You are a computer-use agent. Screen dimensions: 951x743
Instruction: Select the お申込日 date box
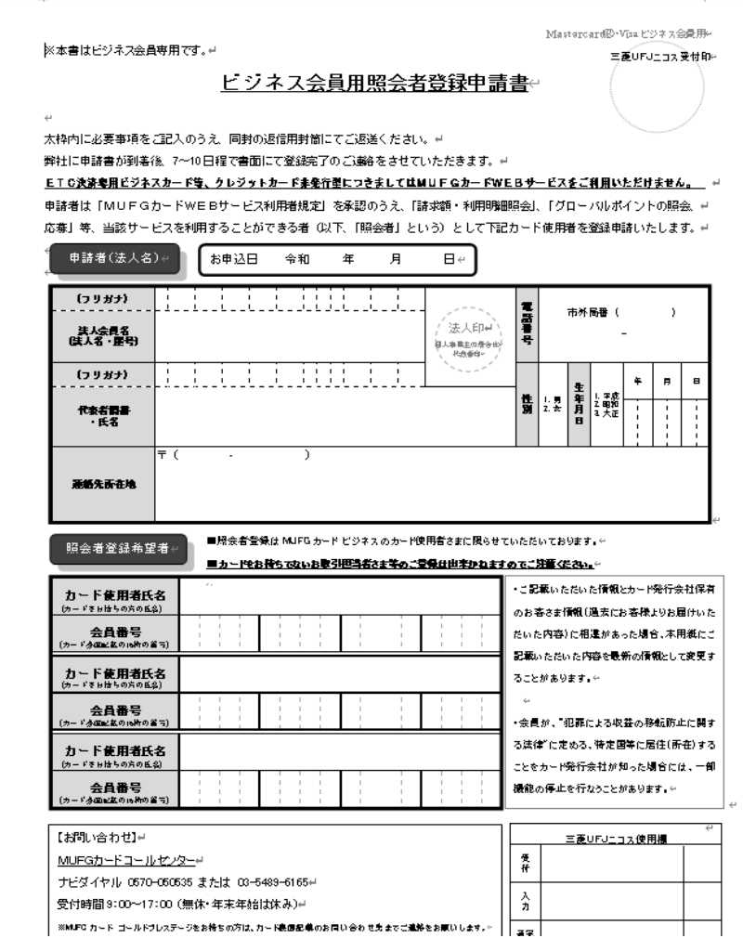point(335,260)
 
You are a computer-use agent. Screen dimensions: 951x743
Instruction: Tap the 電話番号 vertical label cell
point(527,325)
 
